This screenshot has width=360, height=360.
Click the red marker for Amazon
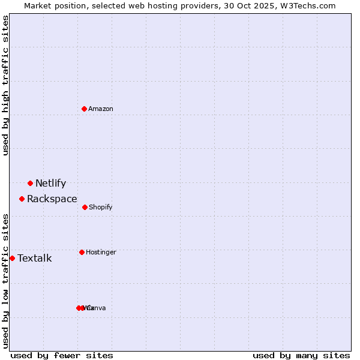[84, 109]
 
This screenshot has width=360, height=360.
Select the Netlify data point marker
[30, 183]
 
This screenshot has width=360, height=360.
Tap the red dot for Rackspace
[22, 199]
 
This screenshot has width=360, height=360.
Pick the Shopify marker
[85, 207]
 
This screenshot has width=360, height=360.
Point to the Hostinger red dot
[82, 252]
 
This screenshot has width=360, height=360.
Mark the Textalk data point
[12, 258]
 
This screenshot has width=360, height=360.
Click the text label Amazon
[101, 109]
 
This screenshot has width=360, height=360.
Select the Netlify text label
[50, 183]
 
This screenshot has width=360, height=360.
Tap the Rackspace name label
[52, 199]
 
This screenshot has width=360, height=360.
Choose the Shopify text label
[100, 207]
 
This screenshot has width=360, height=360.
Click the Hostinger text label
[101, 252]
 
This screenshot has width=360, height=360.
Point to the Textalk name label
[34, 258]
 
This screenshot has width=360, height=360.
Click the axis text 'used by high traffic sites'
[5, 85]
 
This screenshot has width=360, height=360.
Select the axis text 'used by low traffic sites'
[5, 281]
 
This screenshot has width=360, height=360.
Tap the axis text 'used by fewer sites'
[62, 355]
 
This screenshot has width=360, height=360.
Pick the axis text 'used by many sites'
[301, 355]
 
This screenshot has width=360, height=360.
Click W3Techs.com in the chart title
[308, 5]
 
